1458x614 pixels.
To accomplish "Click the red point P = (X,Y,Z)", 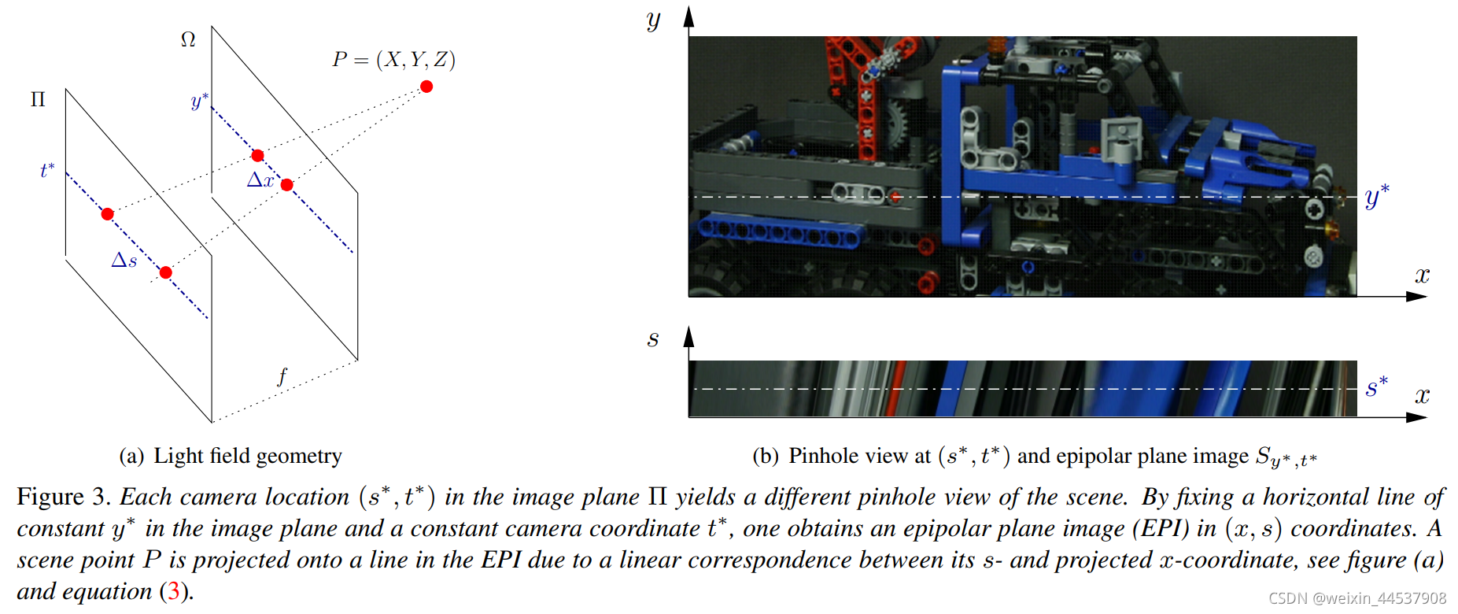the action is click(x=426, y=87).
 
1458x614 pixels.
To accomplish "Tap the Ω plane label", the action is click(x=188, y=39).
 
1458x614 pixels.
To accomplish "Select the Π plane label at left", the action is click(x=38, y=100).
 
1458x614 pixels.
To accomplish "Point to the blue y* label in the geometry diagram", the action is click(x=200, y=101).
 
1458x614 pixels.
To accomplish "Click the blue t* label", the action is click(x=47, y=170).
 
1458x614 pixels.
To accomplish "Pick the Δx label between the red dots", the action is click(x=260, y=180).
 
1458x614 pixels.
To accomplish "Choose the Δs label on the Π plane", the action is click(x=124, y=261).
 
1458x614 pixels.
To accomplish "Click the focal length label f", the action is click(x=282, y=376).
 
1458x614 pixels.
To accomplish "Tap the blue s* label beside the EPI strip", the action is click(x=1377, y=387).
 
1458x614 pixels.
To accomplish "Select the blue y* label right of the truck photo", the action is click(x=1377, y=195).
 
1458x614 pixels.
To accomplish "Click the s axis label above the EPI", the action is click(x=653, y=339).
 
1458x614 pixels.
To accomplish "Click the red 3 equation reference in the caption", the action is click(x=173, y=591).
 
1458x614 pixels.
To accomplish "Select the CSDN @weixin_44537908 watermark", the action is click(x=1357, y=599).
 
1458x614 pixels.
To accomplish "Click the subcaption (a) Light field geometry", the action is click(x=231, y=456).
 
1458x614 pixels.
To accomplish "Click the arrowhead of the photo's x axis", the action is click(x=1417, y=297).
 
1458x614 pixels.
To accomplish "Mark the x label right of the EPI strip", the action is click(x=1422, y=395).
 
